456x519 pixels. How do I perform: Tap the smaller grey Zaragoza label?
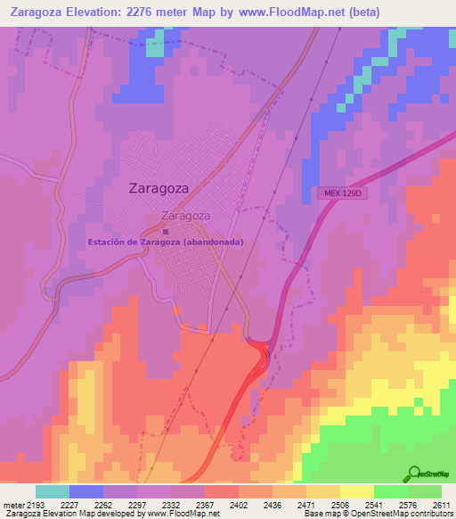[185, 216]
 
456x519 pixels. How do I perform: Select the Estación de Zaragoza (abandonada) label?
[165, 242]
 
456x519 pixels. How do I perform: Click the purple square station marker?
[165, 231]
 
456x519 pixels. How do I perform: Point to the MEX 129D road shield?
[339, 193]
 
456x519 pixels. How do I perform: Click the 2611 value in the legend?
[441, 504]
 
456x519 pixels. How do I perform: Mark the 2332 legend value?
[169, 504]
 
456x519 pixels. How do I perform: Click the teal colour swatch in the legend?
[53, 491]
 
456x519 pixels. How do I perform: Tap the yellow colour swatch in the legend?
[356, 491]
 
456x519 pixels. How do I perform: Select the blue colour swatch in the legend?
[86, 491]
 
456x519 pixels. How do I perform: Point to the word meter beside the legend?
[12, 504]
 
